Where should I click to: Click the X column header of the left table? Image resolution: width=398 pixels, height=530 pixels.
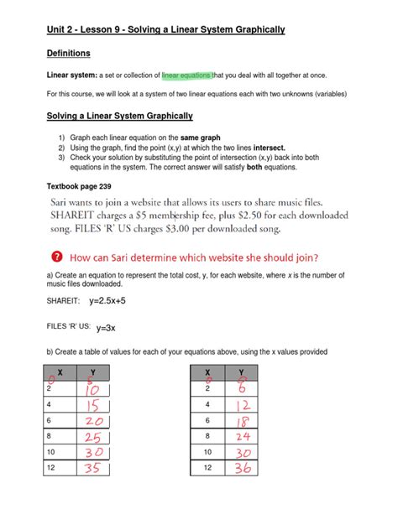click(60, 372)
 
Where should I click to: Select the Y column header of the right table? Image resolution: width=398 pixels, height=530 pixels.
click(241, 372)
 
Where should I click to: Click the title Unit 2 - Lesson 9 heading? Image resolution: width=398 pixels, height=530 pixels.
click(165, 30)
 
